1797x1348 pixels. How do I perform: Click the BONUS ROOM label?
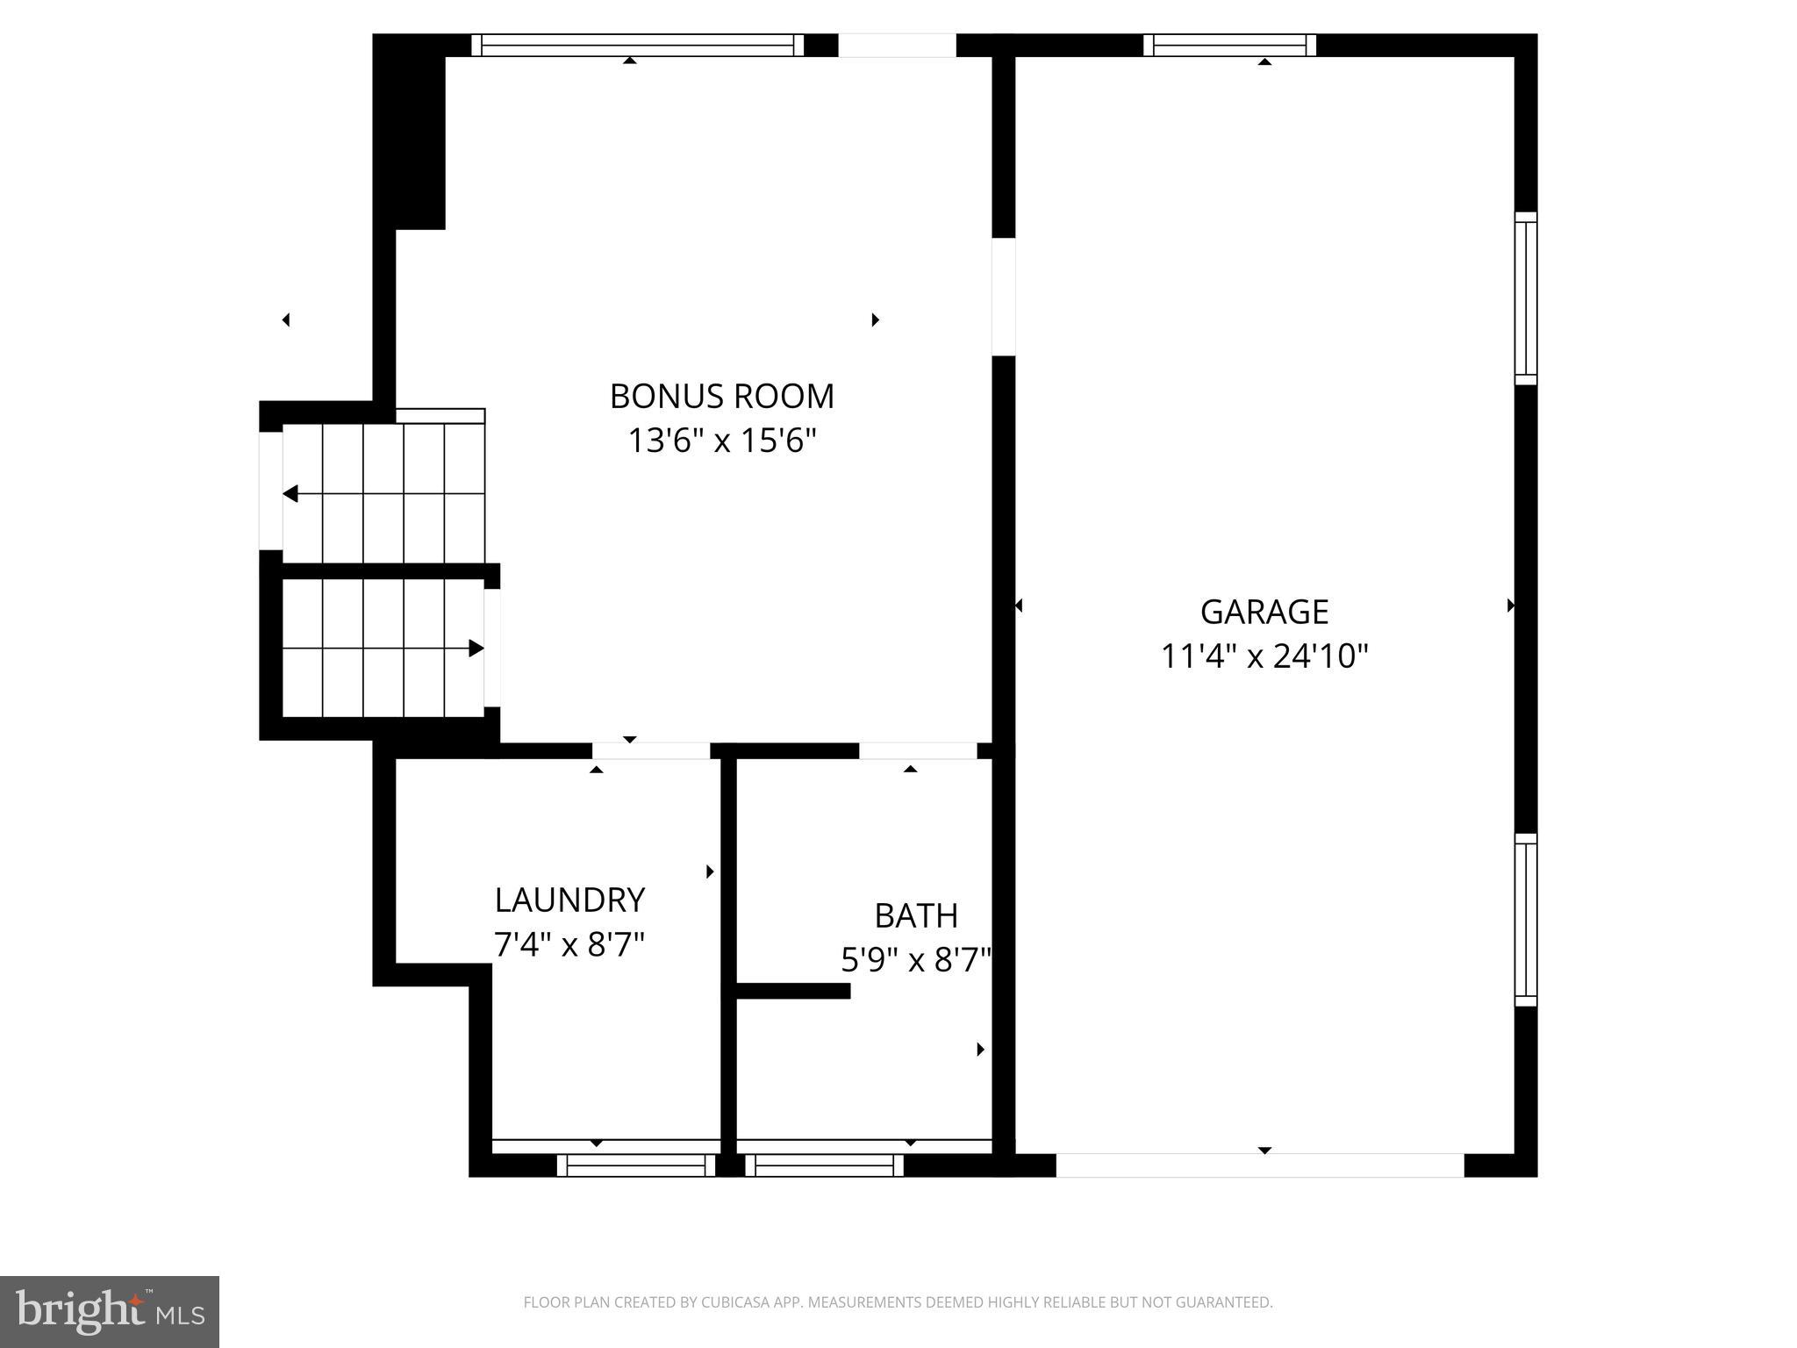(721, 397)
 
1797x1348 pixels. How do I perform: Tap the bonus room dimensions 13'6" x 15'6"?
(721, 441)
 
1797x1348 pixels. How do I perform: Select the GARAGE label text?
(1264, 612)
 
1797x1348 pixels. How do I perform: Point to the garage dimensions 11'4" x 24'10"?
(1264, 656)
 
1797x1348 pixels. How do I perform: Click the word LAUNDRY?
(569, 900)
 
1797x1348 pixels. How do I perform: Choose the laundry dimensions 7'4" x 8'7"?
(569, 945)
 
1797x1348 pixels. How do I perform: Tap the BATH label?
(916, 916)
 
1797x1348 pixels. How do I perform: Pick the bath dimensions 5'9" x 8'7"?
(916, 961)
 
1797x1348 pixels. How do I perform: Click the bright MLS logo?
(110, 1311)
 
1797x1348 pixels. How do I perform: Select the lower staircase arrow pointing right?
(476, 649)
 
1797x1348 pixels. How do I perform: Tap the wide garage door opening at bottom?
(1260, 1165)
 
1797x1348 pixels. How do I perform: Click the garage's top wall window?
(1229, 46)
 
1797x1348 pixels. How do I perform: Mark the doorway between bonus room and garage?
(1003, 297)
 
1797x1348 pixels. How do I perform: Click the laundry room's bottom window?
(636, 1165)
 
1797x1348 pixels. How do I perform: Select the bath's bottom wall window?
(825, 1165)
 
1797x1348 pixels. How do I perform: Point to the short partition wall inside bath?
(793, 991)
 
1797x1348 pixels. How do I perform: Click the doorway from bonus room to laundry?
(650, 751)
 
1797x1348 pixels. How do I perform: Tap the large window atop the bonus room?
(638, 46)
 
